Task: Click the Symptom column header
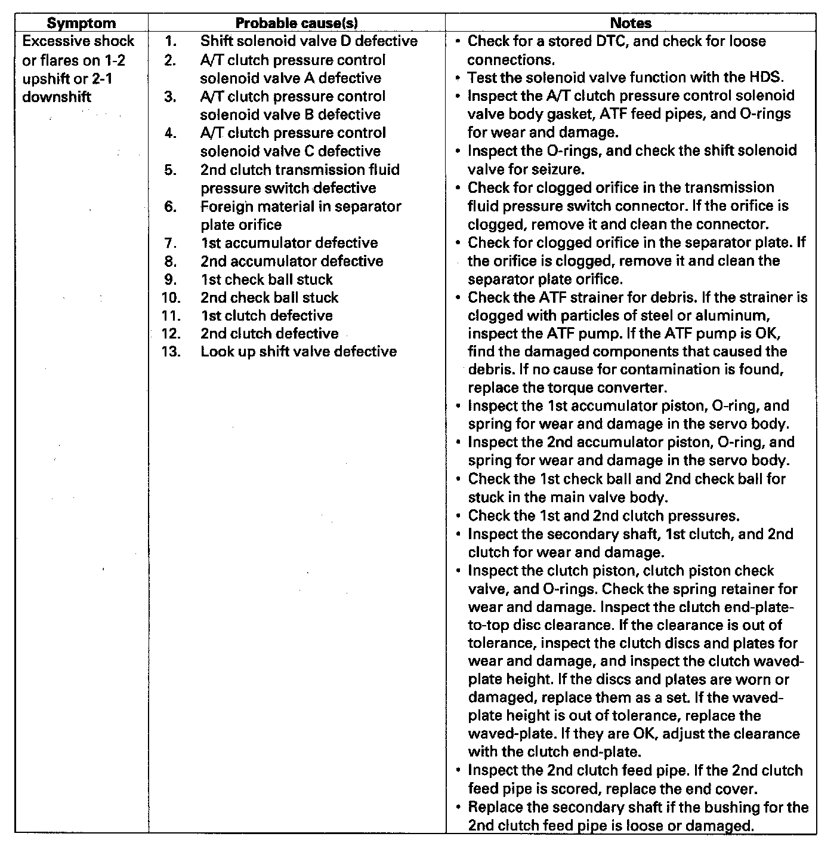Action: [x=81, y=23]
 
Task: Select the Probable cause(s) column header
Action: [x=297, y=23]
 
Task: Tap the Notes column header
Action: [x=631, y=23]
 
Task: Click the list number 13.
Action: [x=171, y=351]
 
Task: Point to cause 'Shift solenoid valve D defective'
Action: [x=308, y=41]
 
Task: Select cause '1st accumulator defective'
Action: [x=289, y=243]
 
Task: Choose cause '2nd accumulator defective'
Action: [x=292, y=261]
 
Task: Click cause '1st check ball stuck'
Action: [x=266, y=279]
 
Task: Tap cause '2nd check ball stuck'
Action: [x=269, y=297]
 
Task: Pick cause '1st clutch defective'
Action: [x=266, y=315]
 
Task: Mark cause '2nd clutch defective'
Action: [x=269, y=333]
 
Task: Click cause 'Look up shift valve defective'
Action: [x=298, y=351]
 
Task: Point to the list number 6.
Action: [x=171, y=207]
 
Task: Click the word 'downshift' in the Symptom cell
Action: [x=57, y=97]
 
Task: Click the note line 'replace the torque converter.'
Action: [x=567, y=387]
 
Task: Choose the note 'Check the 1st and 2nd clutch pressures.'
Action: [x=604, y=515]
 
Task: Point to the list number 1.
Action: [x=171, y=41]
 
